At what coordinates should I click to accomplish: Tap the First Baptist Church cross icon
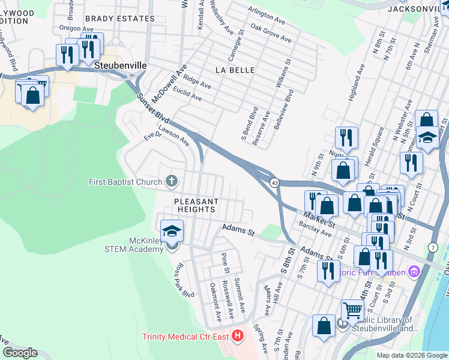pos(171,181)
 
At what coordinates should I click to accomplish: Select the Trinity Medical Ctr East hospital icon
pos(238,336)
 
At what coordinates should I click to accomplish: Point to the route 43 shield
pos(274,182)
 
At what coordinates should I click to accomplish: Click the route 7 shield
pos(433,248)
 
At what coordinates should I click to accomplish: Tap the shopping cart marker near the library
pos(352,310)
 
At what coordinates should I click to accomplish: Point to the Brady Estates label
pos(119,19)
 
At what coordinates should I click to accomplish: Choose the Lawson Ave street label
pos(173,136)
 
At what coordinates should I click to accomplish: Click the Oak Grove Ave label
pos(271,33)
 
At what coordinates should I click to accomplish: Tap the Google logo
pos(20,353)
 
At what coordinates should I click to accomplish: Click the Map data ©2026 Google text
pos(411,355)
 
